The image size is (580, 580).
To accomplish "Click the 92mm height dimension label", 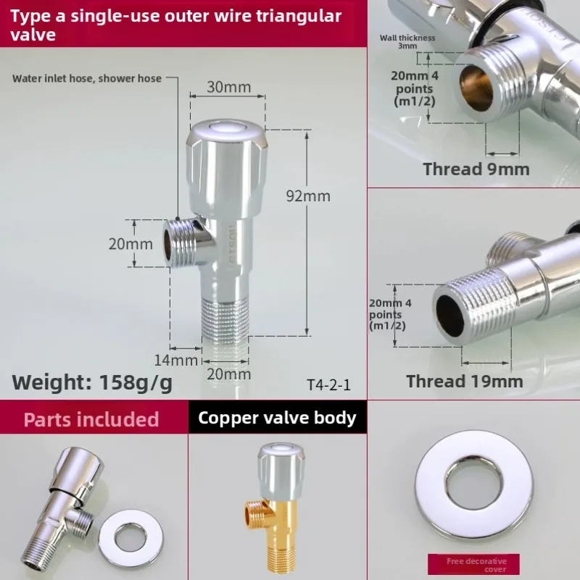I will tap(307, 196).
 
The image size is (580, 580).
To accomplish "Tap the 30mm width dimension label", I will tap(228, 88).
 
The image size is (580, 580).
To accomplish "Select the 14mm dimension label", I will tap(175, 360).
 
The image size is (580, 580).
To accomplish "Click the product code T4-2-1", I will tap(328, 385).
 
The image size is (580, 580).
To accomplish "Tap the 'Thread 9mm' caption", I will tap(476, 169).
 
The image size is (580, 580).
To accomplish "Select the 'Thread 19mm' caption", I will tap(464, 382).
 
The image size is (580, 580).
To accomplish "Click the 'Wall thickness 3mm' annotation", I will tap(407, 41).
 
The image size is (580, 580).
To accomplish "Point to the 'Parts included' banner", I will tap(91, 419).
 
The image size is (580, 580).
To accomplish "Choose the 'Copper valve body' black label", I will tap(277, 418).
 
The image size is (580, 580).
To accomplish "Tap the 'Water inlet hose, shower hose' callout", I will tap(87, 78).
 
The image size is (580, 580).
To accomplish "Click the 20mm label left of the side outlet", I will tap(130, 244).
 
